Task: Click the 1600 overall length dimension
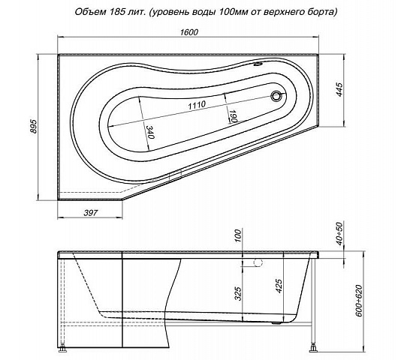[189, 32]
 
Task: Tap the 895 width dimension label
[34, 126]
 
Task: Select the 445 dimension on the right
[339, 89]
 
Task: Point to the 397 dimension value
[91, 213]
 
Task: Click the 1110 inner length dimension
[197, 105]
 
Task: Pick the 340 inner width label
[150, 132]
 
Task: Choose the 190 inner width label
[234, 116]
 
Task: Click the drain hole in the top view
[276, 96]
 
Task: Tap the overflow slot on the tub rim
[259, 64]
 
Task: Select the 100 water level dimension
[238, 235]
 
